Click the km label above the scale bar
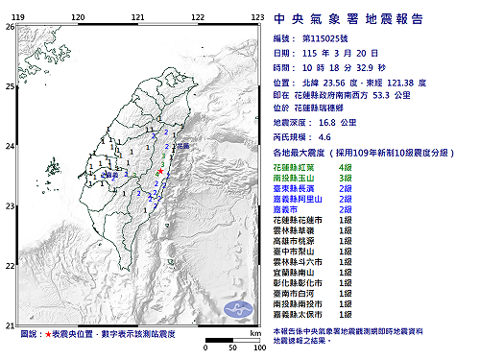[253, 331]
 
